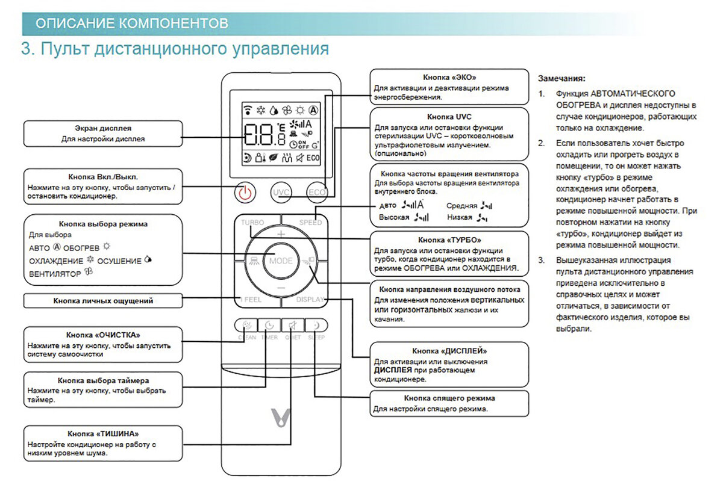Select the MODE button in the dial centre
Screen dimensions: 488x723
(x=281, y=261)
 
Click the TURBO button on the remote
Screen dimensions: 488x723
(x=252, y=223)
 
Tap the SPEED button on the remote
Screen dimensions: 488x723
(x=310, y=223)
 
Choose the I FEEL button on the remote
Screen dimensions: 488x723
(x=251, y=299)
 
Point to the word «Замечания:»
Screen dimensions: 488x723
(x=561, y=78)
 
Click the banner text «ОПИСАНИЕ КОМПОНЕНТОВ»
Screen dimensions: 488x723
(x=132, y=24)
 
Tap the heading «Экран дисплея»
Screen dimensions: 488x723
(x=103, y=128)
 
